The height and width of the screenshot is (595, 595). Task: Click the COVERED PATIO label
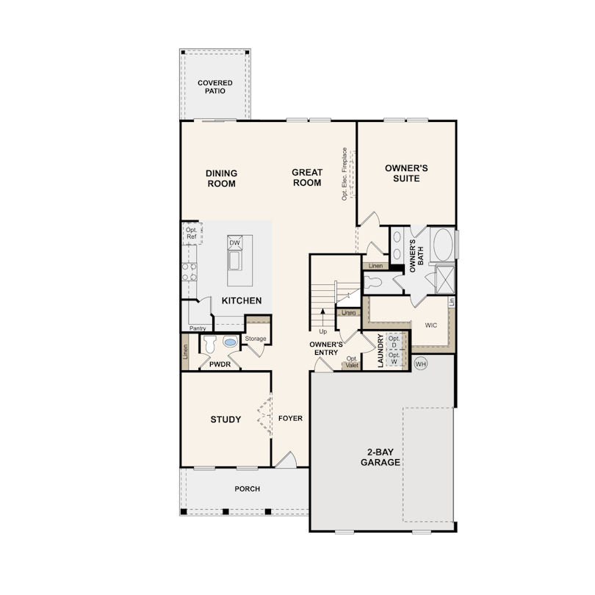pos(214,87)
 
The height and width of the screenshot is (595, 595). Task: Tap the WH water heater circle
pos(420,364)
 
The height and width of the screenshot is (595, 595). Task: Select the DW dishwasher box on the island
pos(234,242)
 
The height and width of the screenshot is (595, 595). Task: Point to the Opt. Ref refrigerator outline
pos(192,234)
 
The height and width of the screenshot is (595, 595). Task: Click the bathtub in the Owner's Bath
pos(442,245)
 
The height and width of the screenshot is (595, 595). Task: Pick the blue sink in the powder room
pos(230,342)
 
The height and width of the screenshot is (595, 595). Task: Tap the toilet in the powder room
pos(209,344)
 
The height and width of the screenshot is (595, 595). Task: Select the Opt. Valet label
pos(352,362)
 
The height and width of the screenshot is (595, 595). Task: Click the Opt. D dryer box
pos(394,342)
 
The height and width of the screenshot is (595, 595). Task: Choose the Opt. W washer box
pos(394,358)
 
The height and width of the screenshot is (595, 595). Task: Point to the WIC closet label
pos(430,325)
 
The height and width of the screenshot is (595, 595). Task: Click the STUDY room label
pos(226,419)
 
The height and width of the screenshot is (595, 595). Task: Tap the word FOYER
pos(290,418)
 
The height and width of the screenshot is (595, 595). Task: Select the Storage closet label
pos(256,339)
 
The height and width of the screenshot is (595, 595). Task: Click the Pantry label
pos(198,328)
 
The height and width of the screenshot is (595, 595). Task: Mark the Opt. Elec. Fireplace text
pos(345,174)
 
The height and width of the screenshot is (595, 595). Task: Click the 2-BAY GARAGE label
pos(381,457)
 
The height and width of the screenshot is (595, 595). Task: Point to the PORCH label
pos(247,488)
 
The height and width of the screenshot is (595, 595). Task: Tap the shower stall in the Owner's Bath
pos(444,279)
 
